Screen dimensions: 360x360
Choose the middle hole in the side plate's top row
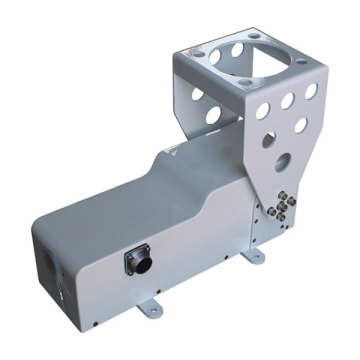[288, 99]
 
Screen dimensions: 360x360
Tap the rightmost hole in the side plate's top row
[310, 92]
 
